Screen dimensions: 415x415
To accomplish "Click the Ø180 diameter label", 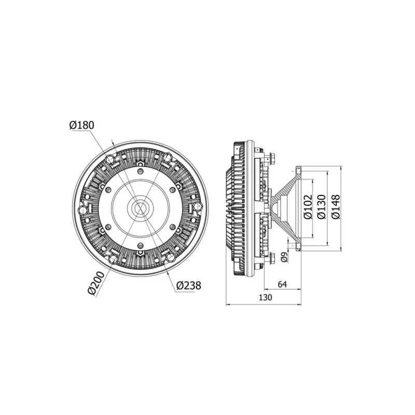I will point(81,125).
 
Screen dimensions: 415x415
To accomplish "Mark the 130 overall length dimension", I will point(265,298).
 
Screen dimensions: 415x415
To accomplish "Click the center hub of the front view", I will point(140,208).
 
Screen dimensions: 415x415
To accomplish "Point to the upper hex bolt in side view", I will point(272,156).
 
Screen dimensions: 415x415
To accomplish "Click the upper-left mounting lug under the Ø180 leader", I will point(110,158).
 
